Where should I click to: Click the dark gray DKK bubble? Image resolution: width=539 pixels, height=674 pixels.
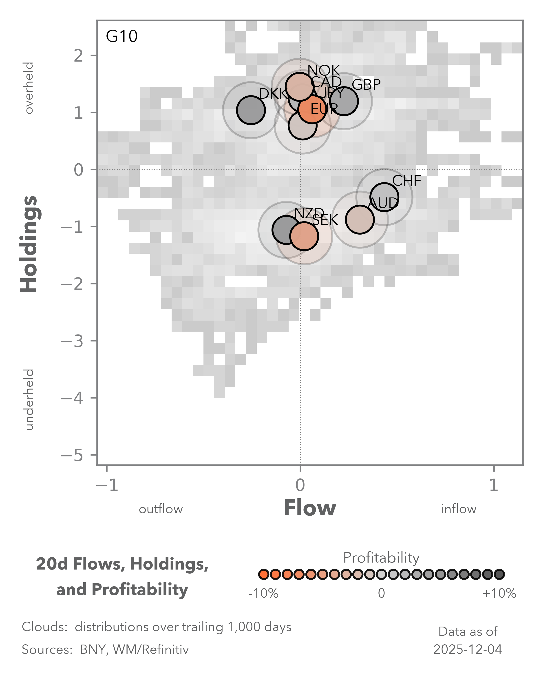point(251,110)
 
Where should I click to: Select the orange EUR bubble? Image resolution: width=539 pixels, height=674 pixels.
point(312,109)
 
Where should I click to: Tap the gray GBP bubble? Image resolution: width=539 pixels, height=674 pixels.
point(344,101)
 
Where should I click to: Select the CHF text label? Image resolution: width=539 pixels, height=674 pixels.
point(406,181)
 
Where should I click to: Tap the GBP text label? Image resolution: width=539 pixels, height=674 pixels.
point(366,84)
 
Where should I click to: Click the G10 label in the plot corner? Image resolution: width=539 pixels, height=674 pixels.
point(121,36)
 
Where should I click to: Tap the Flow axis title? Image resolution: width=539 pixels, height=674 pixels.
point(310,508)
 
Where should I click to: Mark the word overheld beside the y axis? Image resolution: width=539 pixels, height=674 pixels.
point(29,88)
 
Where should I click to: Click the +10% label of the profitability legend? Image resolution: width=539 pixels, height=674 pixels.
point(499,593)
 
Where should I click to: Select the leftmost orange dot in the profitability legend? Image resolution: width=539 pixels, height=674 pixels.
point(264,574)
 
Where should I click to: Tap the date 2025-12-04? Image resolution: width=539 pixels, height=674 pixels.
point(467,650)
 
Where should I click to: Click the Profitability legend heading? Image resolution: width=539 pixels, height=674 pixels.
point(381,557)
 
